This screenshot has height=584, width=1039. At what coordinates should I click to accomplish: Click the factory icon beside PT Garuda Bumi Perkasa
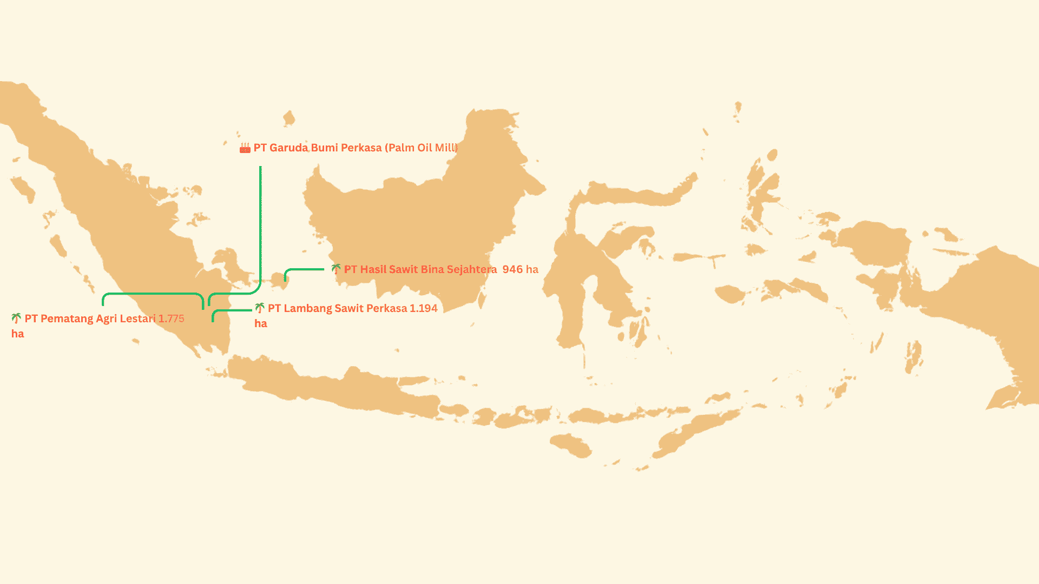[245, 148]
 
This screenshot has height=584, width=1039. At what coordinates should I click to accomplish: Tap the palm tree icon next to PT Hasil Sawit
[336, 269]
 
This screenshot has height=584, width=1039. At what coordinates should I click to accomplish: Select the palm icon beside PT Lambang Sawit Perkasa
[260, 308]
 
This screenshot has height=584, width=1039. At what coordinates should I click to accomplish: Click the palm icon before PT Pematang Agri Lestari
[16, 318]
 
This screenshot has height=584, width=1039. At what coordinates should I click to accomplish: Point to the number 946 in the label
[512, 269]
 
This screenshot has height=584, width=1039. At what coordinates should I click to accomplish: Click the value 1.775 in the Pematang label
[171, 318]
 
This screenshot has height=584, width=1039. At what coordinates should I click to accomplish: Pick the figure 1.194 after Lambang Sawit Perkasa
[423, 308]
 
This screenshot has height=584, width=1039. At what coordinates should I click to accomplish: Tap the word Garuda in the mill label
[288, 148]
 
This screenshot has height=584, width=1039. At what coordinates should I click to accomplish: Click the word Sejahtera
[471, 269]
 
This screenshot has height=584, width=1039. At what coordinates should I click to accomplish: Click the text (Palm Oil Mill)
[421, 148]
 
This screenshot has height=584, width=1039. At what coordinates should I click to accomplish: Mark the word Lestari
[137, 318]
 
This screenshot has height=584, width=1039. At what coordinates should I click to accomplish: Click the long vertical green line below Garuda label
[260, 227]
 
